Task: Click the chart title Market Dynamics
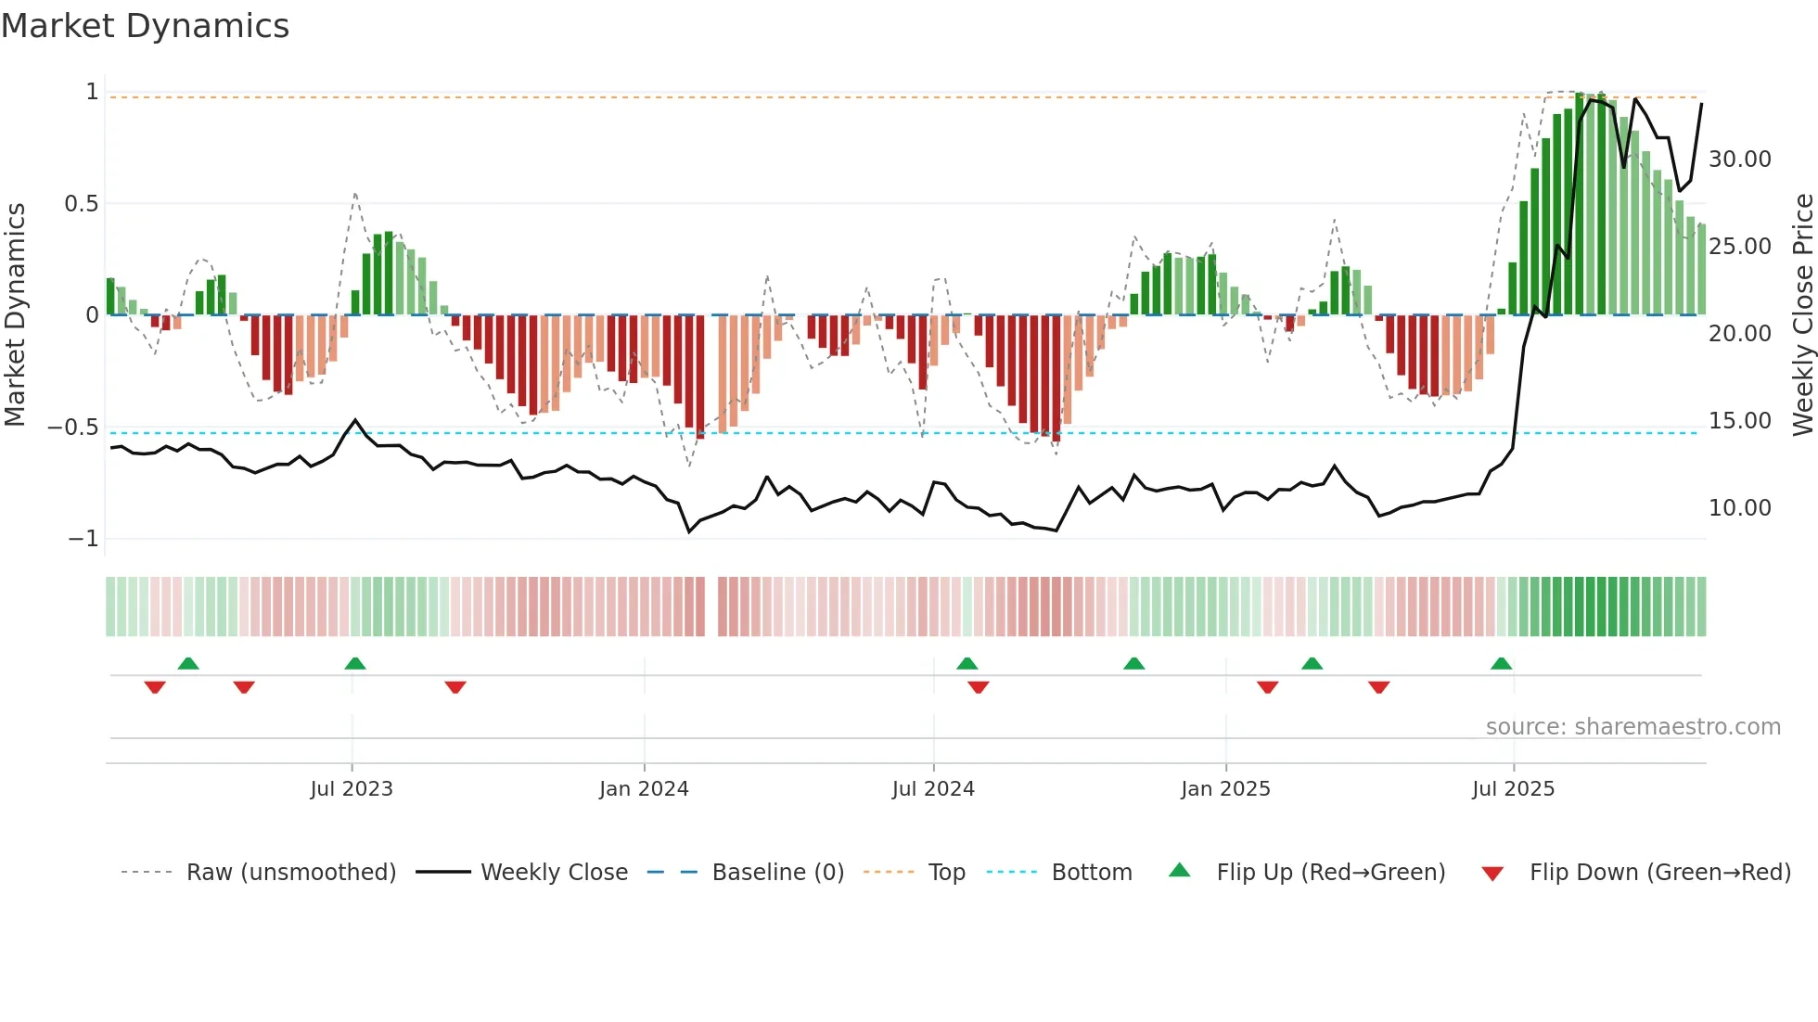145,26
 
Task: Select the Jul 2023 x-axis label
352,789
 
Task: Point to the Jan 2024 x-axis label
644,789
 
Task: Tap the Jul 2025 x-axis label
1513,789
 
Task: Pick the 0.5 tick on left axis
81,204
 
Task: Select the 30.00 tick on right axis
1739,160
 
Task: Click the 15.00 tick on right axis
1739,421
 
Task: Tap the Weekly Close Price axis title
1802,315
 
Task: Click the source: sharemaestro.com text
1632,727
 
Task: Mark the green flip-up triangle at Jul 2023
355,664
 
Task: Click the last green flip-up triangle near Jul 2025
1501,664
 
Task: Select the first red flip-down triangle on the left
155,687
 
